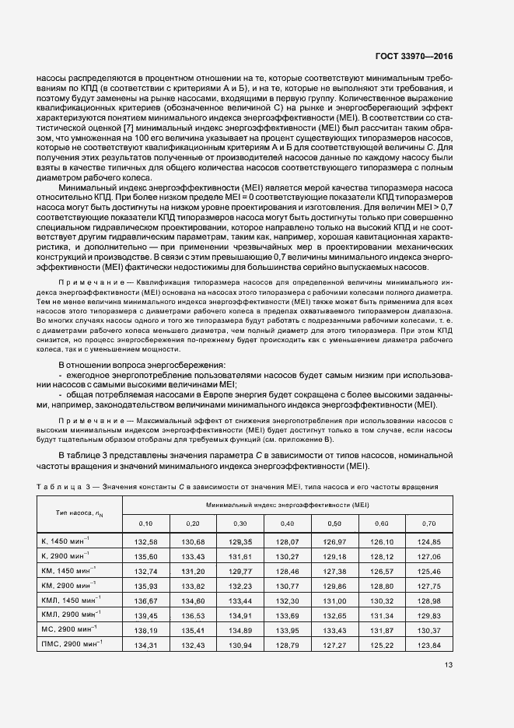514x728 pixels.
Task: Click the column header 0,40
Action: coord(288,523)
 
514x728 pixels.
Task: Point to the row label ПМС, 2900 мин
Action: coord(72,644)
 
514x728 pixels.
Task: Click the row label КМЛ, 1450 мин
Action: coord(72,600)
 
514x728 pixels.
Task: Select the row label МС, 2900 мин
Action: coord(69,629)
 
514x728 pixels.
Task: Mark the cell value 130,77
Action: coord(288,585)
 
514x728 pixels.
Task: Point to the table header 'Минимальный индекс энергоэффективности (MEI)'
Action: coord(292,505)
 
